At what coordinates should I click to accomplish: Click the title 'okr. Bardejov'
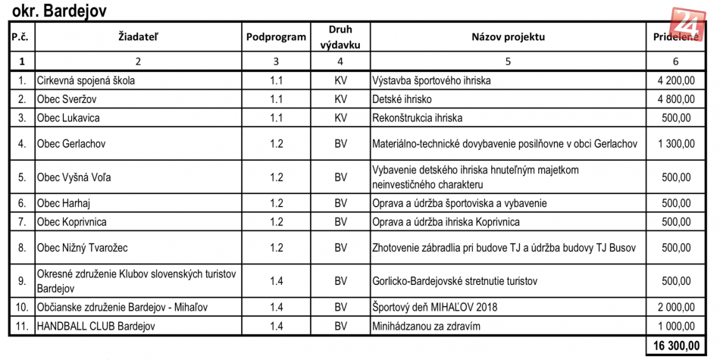59,11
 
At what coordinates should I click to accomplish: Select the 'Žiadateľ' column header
138,36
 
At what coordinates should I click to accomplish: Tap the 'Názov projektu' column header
508,36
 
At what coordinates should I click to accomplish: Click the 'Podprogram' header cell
276,36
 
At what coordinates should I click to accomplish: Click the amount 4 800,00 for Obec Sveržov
675,99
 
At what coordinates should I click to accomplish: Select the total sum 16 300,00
674,346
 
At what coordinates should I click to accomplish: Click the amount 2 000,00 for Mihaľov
675,307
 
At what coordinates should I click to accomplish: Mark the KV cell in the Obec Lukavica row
340,117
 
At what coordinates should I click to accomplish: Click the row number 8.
22,248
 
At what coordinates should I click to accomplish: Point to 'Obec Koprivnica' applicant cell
72,222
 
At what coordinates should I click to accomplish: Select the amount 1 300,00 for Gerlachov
675,143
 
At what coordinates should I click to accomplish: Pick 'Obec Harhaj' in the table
64,203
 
